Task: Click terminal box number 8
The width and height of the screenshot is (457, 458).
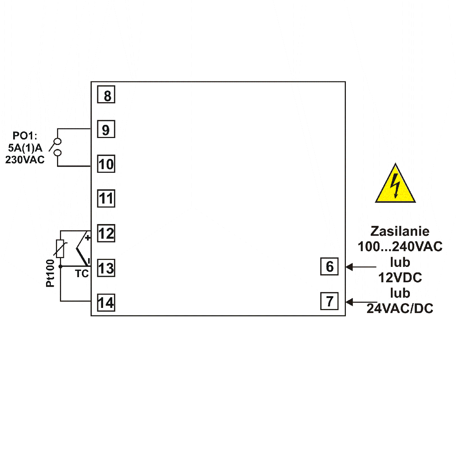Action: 106,94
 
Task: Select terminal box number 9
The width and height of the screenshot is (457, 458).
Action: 106,129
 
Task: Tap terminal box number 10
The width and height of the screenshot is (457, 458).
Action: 106,164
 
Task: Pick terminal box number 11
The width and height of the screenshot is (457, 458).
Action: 106,198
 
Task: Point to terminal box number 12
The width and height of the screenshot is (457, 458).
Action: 106,233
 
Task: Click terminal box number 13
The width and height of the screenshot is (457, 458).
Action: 106,268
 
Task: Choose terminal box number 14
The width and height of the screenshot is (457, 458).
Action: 106,303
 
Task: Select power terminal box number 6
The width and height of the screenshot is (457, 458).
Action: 329,267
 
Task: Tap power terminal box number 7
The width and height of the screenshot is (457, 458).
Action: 329,301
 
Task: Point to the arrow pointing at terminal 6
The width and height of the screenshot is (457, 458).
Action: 360,267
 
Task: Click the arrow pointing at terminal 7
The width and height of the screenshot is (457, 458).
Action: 360,302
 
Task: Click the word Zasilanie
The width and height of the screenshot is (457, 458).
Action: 400,231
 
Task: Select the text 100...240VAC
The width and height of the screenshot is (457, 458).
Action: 400,247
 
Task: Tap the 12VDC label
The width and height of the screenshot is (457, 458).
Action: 400,278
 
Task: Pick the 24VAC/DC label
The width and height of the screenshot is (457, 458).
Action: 400,309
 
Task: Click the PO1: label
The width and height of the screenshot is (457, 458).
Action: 25,136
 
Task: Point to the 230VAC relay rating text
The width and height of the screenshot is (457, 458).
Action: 25,160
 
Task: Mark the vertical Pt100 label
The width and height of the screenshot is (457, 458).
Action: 50,273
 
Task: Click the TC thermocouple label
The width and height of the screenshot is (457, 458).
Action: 82,274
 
